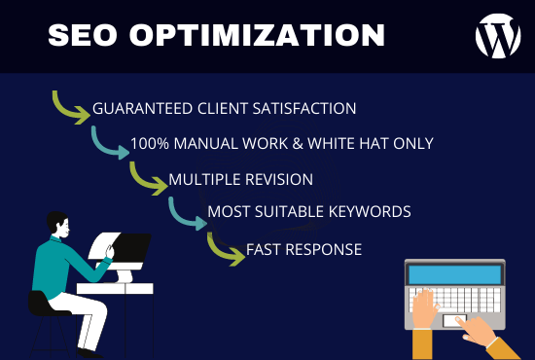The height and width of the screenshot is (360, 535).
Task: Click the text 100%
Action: (x=149, y=144)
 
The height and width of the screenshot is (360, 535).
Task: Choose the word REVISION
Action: (x=280, y=179)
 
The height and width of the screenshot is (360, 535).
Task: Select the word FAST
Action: (x=264, y=249)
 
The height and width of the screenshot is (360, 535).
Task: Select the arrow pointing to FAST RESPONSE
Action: (x=225, y=249)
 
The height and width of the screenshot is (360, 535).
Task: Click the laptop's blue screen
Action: (x=453, y=276)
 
